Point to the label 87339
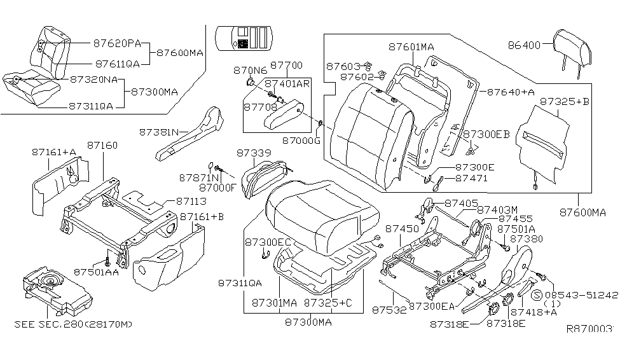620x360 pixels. tap(254, 153)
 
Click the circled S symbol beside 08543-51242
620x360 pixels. tap(537, 295)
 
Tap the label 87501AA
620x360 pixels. tap(96, 272)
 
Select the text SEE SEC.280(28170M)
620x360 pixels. tap(74, 325)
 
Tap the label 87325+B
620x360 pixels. tap(564, 101)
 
